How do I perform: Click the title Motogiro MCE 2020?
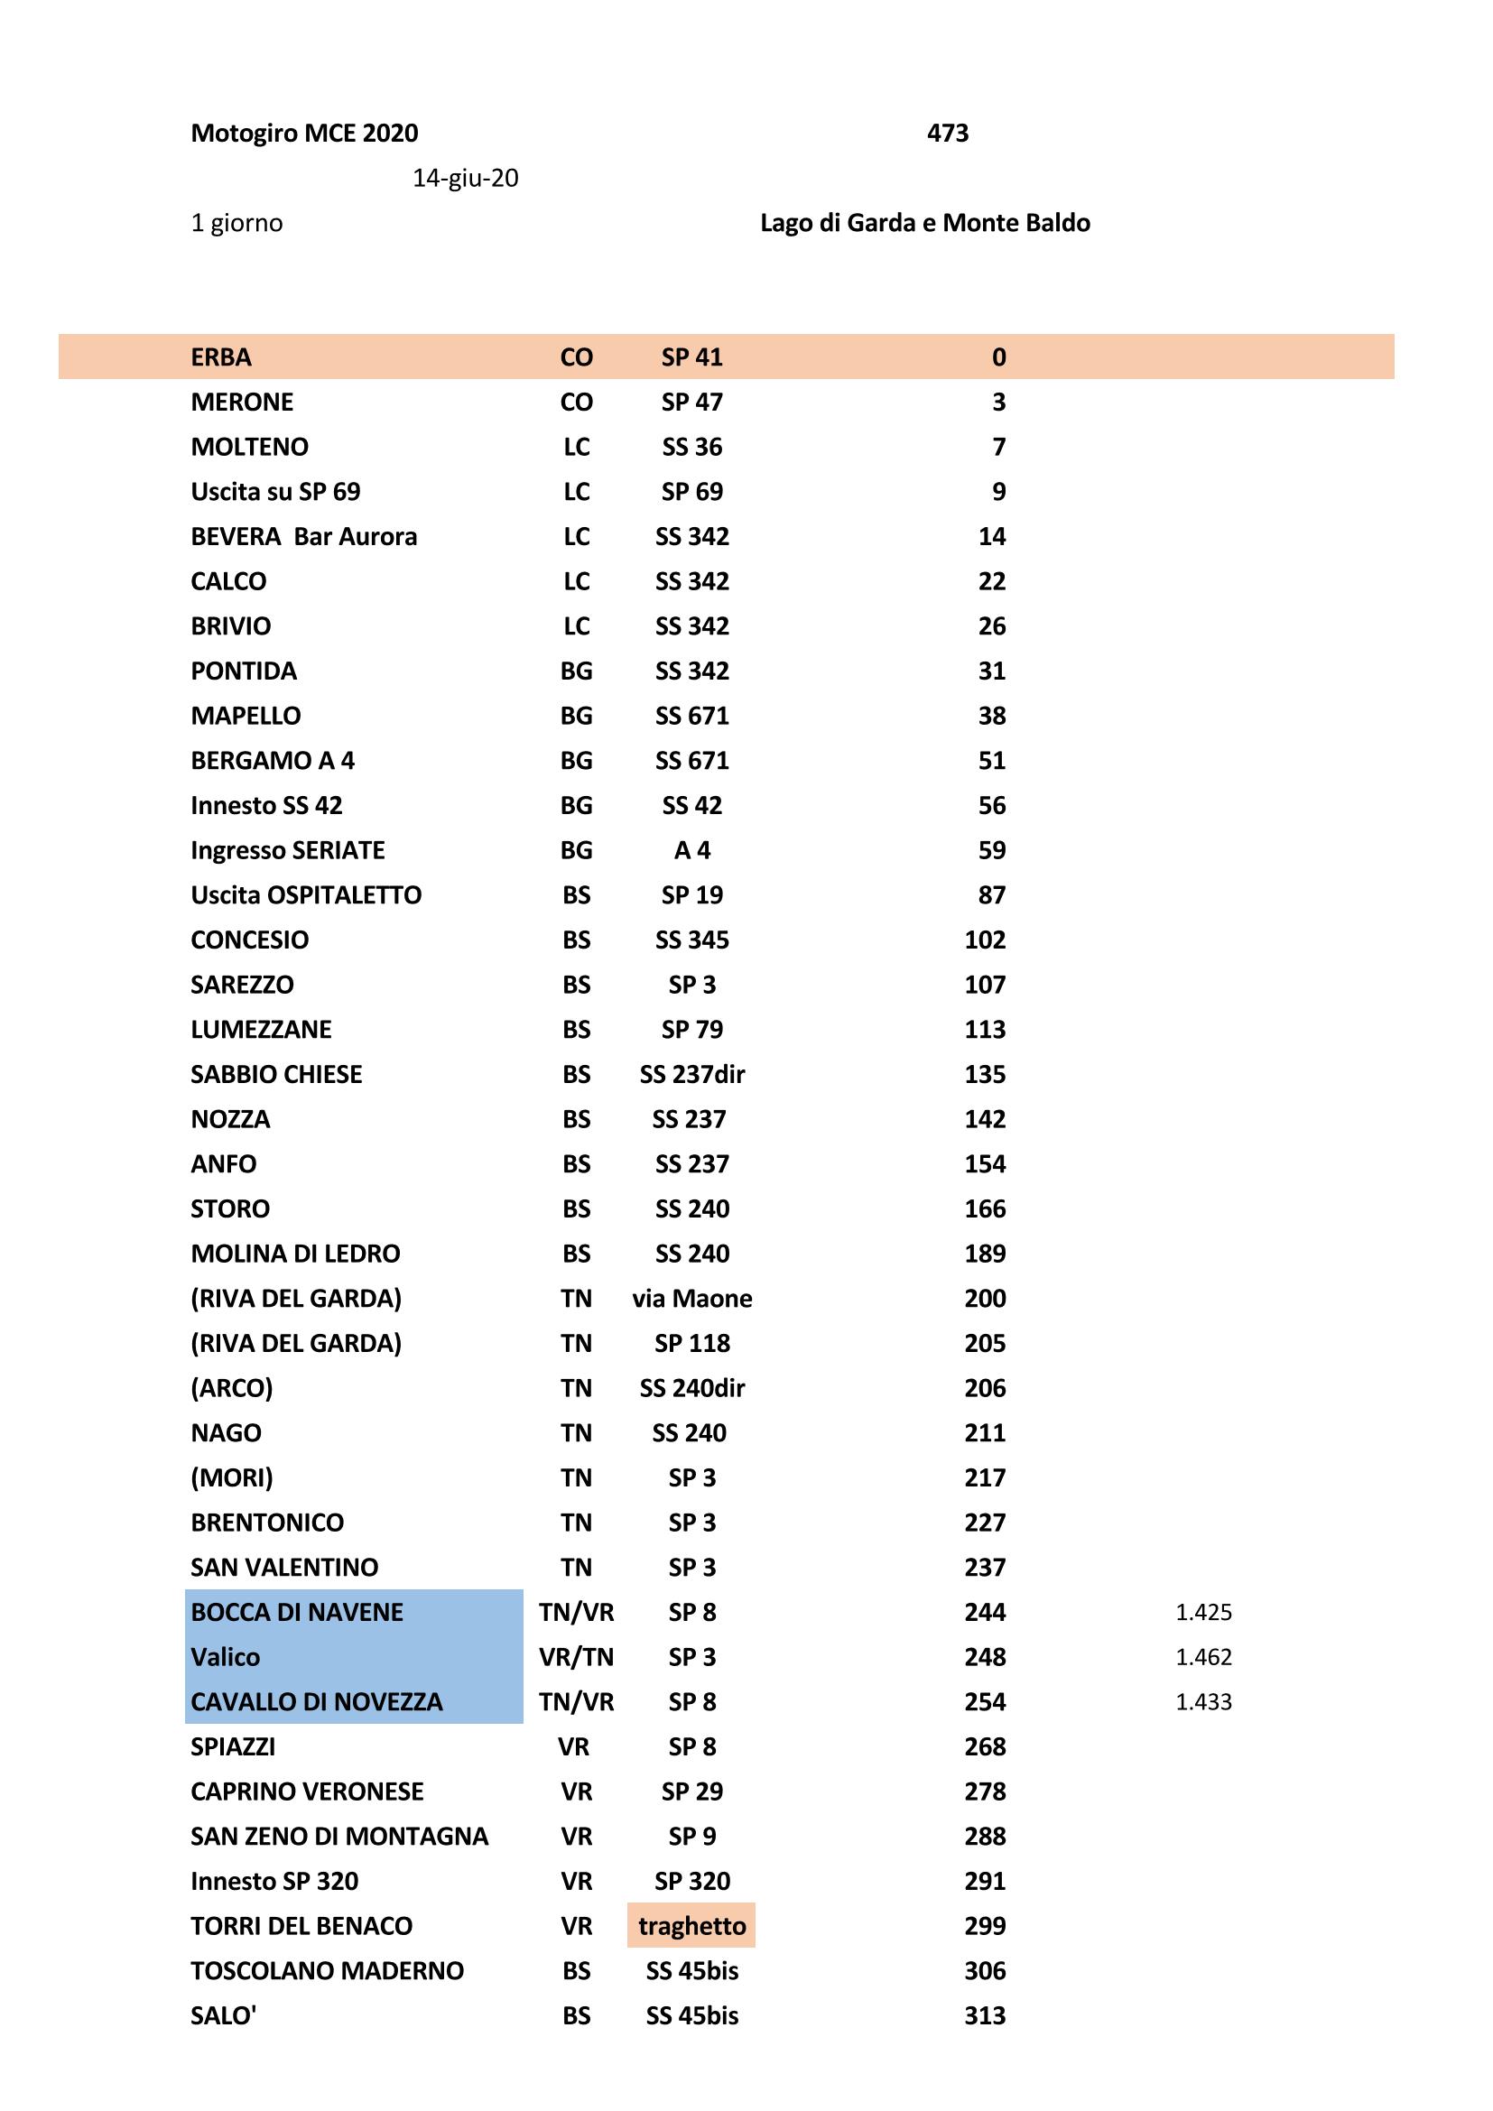304,134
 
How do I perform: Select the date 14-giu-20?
465,179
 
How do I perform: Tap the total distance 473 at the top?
947,134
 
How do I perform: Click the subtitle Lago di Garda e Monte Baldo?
925,224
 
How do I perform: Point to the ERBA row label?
220,356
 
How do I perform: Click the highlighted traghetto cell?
691,1925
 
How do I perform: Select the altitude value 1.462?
1203,1657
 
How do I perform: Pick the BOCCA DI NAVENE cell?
297,1612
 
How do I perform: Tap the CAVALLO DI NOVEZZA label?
316,1702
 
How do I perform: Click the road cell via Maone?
691,1298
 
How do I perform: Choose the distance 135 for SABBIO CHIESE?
985,1074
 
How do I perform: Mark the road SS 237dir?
691,1074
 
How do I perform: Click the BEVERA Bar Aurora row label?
303,536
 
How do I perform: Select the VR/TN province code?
577,1657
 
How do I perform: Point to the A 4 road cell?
691,850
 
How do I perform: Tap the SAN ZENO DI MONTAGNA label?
339,1836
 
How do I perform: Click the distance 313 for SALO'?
985,2015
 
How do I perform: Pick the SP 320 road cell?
691,1881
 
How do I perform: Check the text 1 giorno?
236,224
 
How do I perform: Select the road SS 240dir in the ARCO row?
691,1388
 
